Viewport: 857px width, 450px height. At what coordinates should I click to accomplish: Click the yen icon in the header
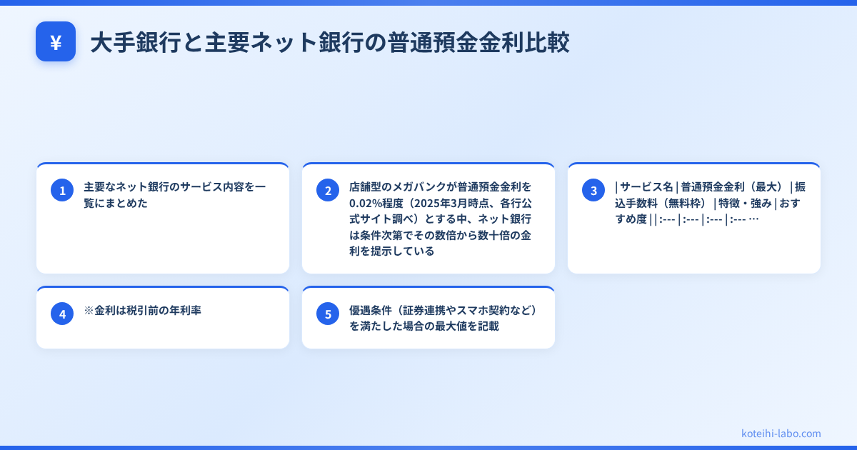56,42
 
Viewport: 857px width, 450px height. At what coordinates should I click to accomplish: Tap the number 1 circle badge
62,190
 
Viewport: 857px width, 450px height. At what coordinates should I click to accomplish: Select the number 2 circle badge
328,190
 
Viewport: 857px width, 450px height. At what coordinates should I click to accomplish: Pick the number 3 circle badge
593,190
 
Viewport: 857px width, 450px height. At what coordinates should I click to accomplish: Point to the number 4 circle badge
62,314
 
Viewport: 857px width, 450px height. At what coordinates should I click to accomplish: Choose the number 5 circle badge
328,314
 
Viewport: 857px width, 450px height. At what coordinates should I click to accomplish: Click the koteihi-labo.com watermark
781,434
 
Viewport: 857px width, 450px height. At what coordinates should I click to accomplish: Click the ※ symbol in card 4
89,311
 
